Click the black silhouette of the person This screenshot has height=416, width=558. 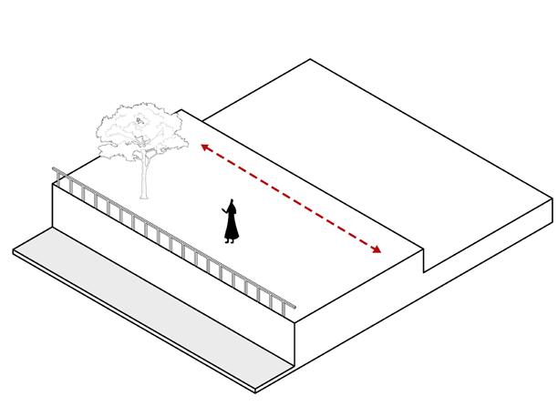click(x=232, y=223)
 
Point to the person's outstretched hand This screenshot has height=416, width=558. click(x=222, y=210)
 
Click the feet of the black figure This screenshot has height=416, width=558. click(x=231, y=241)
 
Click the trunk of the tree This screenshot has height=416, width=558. click(x=143, y=178)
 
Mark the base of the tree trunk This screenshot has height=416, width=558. click(x=143, y=198)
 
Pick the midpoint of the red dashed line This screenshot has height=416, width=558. click(x=291, y=198)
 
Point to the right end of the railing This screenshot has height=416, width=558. click(x=294, y=309)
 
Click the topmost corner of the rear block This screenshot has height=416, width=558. click(x=311, y=59)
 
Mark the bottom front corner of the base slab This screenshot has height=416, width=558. click(x=256, y=391)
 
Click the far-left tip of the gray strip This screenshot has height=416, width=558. click(x=15, y=249)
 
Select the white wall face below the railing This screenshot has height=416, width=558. click(x=173, y=273)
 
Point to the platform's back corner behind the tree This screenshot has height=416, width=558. click(x=186, y=109)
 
